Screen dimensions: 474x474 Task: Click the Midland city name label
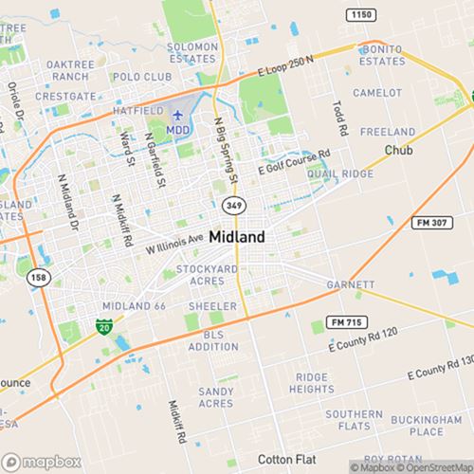pyautogui.click(x=237, y=237)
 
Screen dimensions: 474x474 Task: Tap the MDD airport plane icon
pyautogui.click(x=177, y=114)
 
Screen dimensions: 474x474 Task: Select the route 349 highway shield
pyautogui.click(x=233, y=204)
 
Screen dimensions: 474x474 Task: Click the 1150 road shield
pyautogui.click(x=360, y=15)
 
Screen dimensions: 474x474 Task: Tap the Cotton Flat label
pyautogui.click(x=285, y=458)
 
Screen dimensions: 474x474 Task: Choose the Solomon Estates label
pyautogui.click(x=192, y=51)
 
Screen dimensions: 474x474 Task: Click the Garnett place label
pyautogui.click(x=352, y=284)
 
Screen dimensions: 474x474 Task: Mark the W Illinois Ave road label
pyautogui.click(x=174, y=244)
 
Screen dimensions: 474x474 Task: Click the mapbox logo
pyautogui.click(x=40, y=461)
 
